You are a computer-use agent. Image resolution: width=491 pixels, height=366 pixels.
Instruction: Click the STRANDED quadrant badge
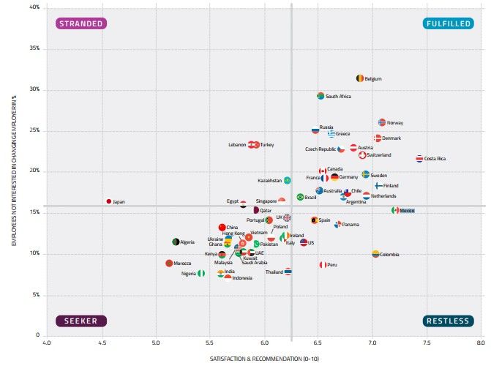click(81, 23)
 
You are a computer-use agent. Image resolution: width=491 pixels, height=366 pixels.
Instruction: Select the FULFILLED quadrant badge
click(447, 23)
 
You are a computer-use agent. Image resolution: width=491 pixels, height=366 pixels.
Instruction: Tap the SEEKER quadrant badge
click(81, 321)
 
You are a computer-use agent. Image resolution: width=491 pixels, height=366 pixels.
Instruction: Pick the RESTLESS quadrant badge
click(447, 321)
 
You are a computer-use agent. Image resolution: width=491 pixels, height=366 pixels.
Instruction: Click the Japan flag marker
click(109, 201)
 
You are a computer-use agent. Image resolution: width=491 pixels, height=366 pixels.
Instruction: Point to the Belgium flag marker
click(359, 78)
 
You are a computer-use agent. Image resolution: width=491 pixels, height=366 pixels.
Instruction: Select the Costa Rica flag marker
click(419, 159)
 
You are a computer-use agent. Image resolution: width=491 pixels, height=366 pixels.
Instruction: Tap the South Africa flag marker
click(321, 96)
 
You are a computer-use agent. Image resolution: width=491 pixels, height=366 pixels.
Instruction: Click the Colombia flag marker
click(375, 254)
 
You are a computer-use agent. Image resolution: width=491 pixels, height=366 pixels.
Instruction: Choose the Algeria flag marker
click(176, 242)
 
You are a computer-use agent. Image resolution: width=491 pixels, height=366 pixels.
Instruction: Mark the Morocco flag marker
click(169, 263)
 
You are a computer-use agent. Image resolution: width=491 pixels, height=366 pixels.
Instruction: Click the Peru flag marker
click(322, 265)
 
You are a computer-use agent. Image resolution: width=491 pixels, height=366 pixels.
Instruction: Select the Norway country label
click(395, 122)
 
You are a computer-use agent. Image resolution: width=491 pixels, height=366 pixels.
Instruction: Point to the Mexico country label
click(408, 211)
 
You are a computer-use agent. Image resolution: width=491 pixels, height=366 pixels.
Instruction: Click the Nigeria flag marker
click(201, 273)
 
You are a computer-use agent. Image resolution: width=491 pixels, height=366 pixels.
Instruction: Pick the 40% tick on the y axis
click(34, 8)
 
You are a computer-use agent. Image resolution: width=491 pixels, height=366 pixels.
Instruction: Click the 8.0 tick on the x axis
click(480, 342)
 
